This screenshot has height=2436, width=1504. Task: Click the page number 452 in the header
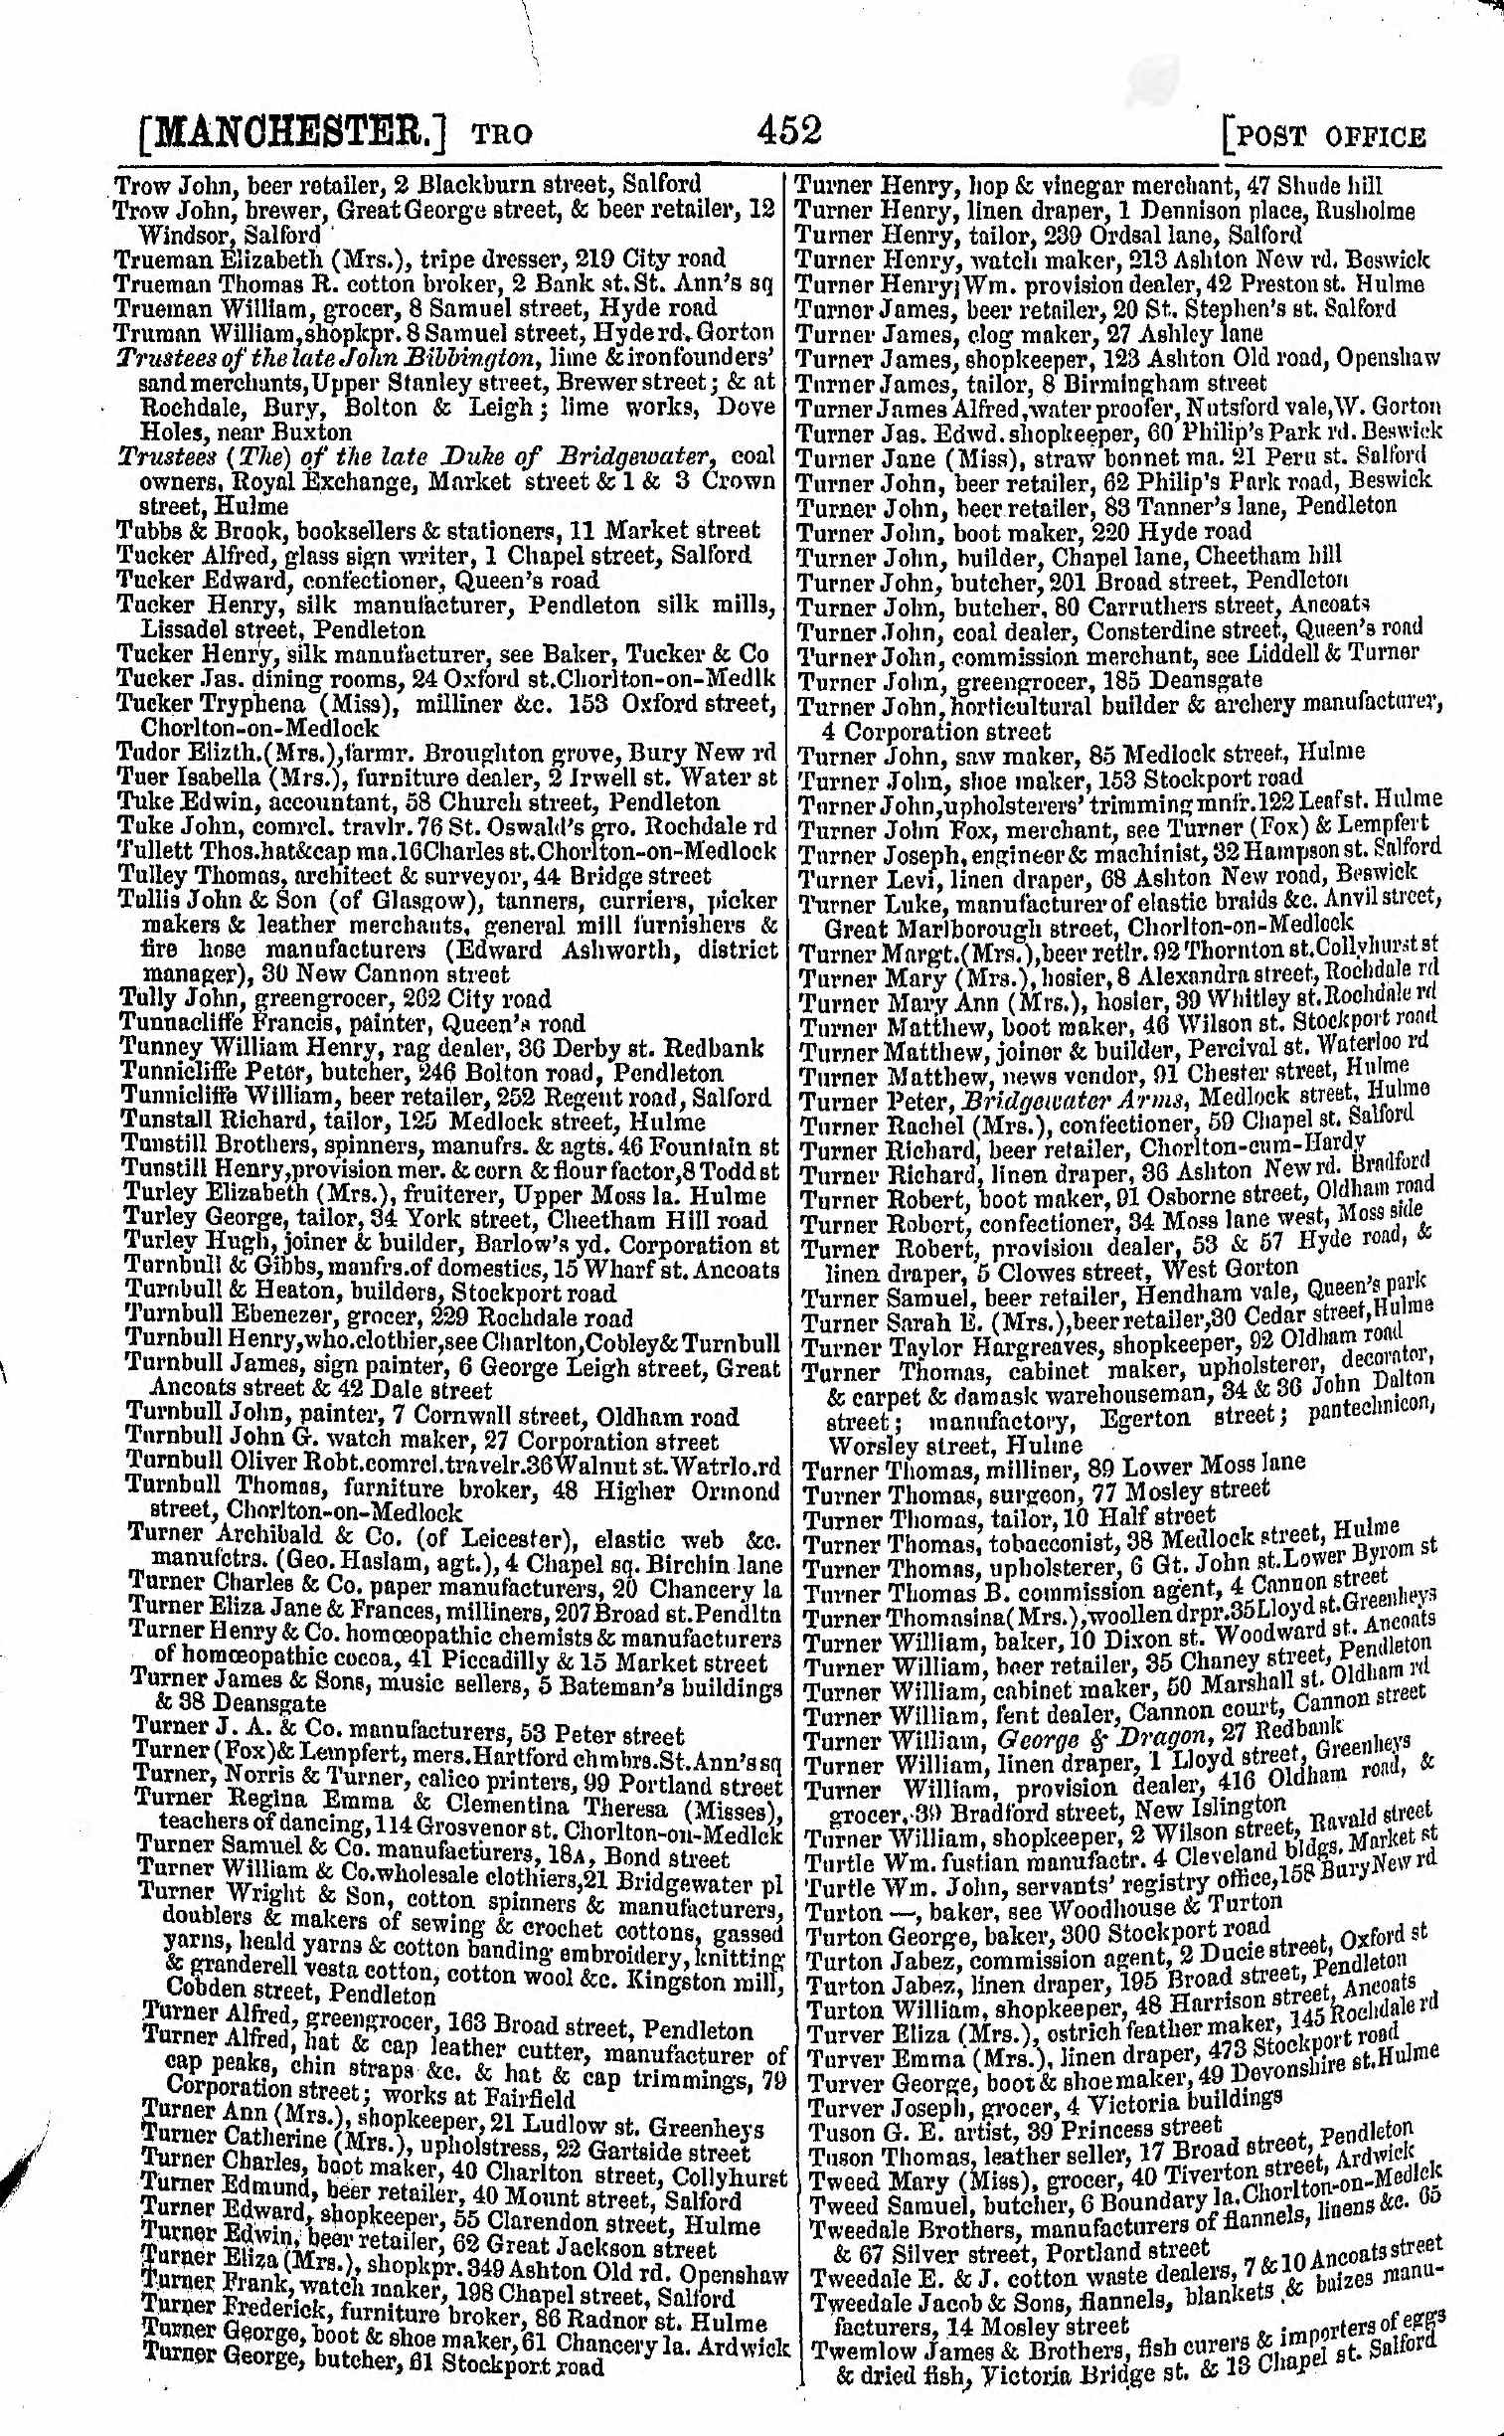pyautogui.click(x=788, y=130)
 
